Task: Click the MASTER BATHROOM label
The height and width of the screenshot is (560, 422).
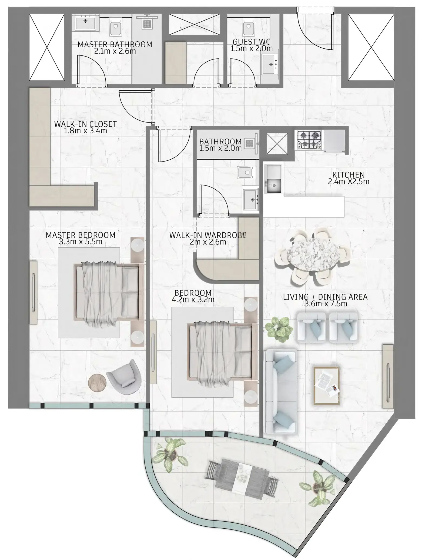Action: point(115,44)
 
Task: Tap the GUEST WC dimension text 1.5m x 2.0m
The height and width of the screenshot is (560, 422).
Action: point(251,49)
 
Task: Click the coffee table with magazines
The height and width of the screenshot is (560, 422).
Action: point(326,386)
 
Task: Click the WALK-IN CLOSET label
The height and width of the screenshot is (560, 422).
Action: point(85,124)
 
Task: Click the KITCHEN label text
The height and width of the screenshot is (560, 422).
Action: point(348,175)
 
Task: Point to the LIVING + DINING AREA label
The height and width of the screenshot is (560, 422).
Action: point(325,297)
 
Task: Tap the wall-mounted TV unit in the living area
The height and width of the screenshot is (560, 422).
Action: point(388,376)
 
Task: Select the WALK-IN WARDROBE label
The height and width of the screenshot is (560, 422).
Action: point(208,235)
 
